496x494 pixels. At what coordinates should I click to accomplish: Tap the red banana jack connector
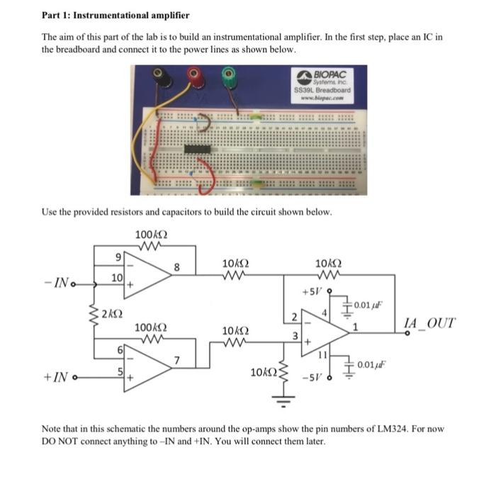click(x=193, y=75)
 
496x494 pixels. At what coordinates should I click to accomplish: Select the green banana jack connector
click(x=228, y=74)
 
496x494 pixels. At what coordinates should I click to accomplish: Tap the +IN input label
click(x=59, y=380)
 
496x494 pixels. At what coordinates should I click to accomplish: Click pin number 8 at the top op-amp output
click(x=178, y=267)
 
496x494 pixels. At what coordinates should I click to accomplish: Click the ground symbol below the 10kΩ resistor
click(x=285, y=405)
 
